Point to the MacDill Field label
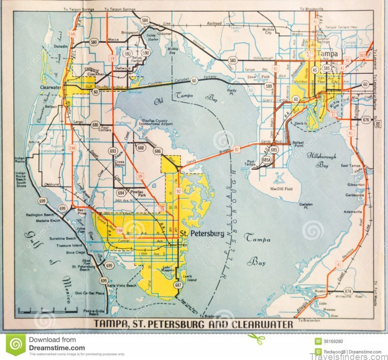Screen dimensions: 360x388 click(x=282, y=188)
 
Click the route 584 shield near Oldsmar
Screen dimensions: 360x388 click(x=145, y=20)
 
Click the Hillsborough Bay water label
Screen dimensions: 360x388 click(x=321, y=160)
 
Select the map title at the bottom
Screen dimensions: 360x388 click(x=193, y=324)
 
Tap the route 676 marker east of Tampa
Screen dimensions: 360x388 click(x=366, y=119)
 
